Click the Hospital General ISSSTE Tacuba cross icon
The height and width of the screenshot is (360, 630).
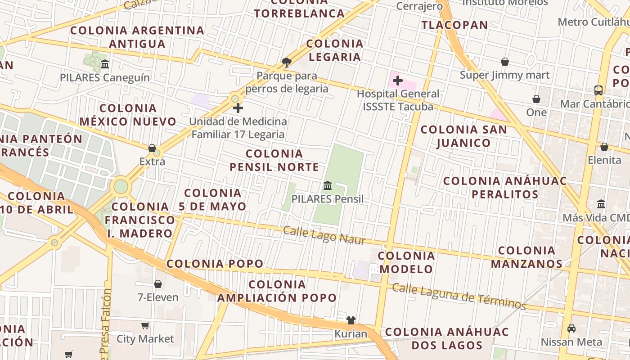click(x=397, y=81)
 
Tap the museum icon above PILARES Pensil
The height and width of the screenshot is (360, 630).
click(x=328, y=185)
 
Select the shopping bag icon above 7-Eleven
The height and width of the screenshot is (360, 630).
click(x=158, y=284)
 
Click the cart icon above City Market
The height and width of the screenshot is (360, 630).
click(x=145, y=325)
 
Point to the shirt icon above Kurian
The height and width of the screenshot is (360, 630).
click(x=351, y=320)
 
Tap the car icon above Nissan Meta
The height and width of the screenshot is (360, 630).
click(x=571, y=328)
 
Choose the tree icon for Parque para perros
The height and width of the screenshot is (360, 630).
click(x=286, y=62)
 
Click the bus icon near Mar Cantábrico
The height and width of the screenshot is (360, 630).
click(x=598, y=90)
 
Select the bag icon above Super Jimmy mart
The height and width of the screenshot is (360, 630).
click(x=505, y=62)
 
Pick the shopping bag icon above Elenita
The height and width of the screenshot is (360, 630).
click(x=604, y=147)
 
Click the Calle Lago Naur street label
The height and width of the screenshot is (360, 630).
click(x=324, y=236)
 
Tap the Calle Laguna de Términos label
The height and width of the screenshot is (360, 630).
click(x=459, y=296)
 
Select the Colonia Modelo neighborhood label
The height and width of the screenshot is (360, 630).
click(x=406, y=262)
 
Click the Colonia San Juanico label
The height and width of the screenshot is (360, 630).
click(x=463, y=136)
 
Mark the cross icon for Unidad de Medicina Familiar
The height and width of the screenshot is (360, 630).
click(x=238, y=108)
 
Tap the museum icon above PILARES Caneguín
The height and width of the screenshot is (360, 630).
click(x=105, y=64)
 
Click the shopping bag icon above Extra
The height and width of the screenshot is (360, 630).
click(x=152, y=148)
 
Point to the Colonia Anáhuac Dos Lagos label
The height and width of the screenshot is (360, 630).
click(x=447, y=339)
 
